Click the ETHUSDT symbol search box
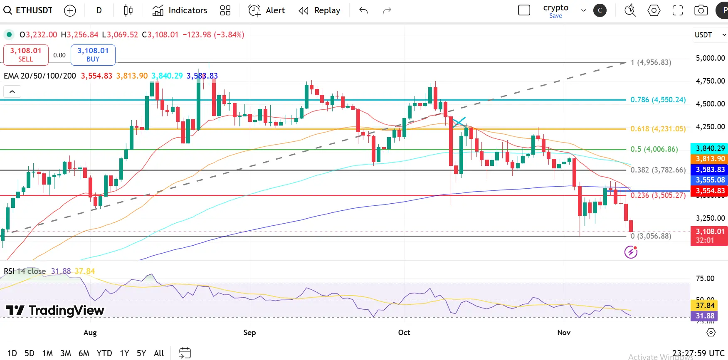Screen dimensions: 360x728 click(28, 10)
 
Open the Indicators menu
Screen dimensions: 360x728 click(180, 10)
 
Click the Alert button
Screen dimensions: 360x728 click(267, 10)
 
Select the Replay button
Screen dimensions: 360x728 click(319, 10)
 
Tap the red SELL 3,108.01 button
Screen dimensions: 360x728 click(26, 55)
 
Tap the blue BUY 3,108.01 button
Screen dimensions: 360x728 click(93, 55)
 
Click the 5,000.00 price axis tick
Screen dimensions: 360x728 click(710, 58)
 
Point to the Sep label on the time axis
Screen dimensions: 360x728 click(249, 333)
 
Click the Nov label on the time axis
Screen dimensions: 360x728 click(564, 333)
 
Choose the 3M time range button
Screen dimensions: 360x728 click(66, 353)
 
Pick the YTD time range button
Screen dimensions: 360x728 click(104, 353)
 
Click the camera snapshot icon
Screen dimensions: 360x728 click(701, 10)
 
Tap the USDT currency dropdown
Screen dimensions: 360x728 click(709, 35)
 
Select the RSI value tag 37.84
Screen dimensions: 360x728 click(705, 305)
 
